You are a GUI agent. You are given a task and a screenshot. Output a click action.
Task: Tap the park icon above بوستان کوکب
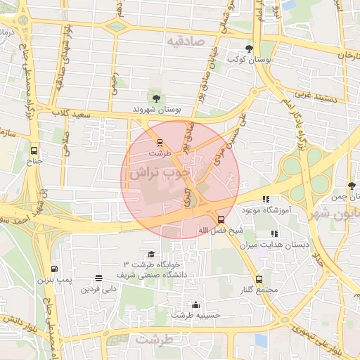(250, 49)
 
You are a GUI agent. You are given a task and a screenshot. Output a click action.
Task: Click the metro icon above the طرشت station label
(160, 141)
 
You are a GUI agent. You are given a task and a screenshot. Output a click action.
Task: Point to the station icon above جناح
(34, 150)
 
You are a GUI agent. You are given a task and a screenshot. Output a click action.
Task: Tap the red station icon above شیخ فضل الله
(221, 219)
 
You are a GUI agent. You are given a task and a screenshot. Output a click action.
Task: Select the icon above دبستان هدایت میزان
(275, 233)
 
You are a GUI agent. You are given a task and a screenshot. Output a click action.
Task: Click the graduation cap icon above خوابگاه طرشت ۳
(150, 255)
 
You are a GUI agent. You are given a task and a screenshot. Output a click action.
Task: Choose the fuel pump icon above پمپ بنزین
(55, 269)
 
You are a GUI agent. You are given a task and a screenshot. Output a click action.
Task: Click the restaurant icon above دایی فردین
(98, 278)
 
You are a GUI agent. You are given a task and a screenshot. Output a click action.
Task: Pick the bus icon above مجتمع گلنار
(259, 279)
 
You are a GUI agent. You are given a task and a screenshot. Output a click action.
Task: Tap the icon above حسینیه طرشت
(195, 304)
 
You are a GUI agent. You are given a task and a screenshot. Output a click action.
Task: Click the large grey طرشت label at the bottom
(155, 340)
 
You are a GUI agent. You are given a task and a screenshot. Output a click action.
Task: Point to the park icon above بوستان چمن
(352, 186)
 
